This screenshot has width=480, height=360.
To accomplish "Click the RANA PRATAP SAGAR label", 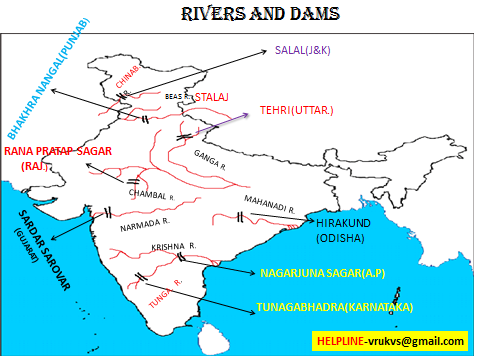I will coord(58,151).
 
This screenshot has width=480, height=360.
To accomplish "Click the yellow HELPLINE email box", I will coord(389,341).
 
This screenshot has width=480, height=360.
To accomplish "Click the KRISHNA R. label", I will coord(171,244).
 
